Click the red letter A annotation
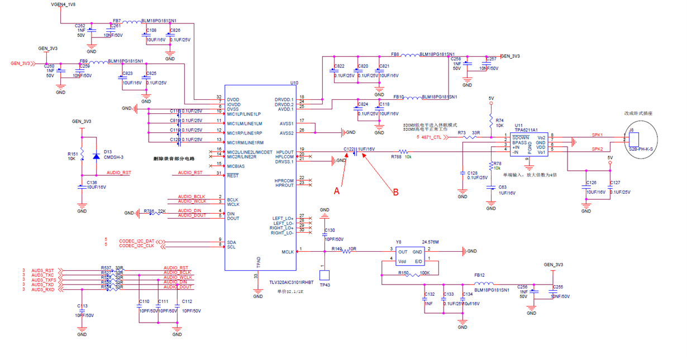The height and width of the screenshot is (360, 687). coord(337,190)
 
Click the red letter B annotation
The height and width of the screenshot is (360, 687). coord(395,192)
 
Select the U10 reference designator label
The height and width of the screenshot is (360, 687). coord(294,83)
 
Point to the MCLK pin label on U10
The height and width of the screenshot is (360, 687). coord(288,252)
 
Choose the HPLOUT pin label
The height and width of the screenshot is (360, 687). coord(284,152)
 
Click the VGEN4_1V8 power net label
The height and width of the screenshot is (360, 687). coord(63,4)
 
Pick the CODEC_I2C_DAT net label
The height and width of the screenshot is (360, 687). coord(136,241)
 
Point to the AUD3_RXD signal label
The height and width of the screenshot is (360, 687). coord(43,290)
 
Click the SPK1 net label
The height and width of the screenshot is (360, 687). coord(597,135)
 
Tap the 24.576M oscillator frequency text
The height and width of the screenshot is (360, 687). coord(431,242)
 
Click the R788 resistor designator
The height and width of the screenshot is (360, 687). coord(395,157)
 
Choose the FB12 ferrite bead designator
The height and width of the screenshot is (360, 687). coord(479,275)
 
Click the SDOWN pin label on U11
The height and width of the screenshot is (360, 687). coord(521,137)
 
